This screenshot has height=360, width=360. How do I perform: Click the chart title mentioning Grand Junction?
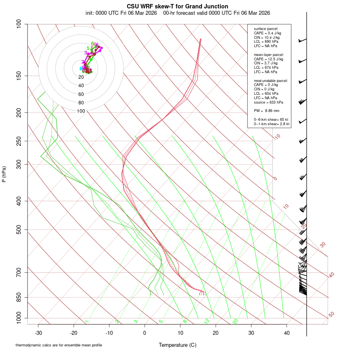pyautogui.click(x=178, y=6)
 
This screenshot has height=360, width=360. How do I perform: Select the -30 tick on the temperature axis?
pyautogui.click(x=38, y=332)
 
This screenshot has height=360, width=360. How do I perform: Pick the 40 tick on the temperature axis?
pyautogui.click(x=287, y=332)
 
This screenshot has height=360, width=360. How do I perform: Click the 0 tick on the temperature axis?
pyautogui.click(x=145, y=332)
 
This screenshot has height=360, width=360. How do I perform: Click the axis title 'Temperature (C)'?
pyautogui.click(x=178, y=345)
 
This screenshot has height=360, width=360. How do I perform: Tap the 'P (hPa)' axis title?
pyautogui.click(x=4, y=174)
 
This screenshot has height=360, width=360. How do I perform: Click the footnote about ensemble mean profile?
pyautogui.click(x=59, y=345)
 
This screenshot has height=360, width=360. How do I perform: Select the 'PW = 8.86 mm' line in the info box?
pyautogui.click(x=266, y=110)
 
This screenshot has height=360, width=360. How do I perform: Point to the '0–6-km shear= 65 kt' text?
pyautogui.click(x=271, y=120)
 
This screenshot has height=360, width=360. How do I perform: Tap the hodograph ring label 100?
pyautogui.click(x=81, y=111)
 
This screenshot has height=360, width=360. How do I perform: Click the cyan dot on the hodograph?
pyautogui.click(x=81, y=69)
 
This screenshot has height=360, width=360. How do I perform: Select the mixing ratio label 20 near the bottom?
pyautogui.click(x=235, y=321)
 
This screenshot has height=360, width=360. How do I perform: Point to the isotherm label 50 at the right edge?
pyautogui.click(x=332, y=315)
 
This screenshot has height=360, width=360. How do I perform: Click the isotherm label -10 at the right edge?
pyautogui.click(x=277, y=137)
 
